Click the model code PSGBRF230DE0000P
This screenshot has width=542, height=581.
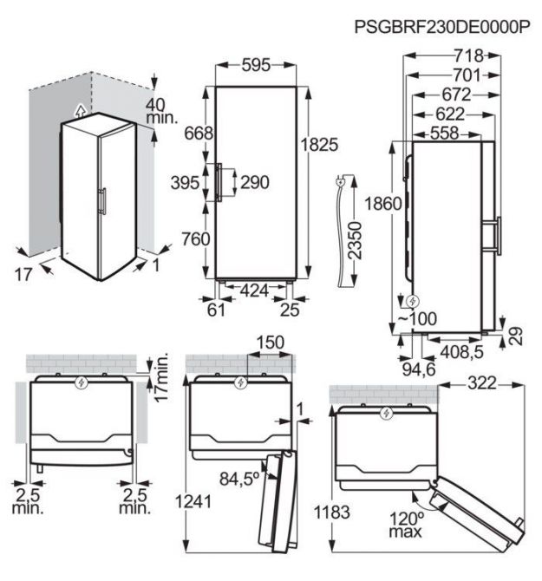tap(442, 27)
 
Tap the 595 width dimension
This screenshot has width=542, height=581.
tap(256, 65)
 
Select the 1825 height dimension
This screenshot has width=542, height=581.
tap(319, 144)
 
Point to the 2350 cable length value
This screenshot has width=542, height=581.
tap(355, 240)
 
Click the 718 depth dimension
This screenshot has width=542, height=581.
tap(468, 55)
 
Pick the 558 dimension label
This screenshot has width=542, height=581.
tap(445, 133)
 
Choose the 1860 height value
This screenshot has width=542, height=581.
tap(383, 204)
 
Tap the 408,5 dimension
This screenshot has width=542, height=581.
tap(461, 352)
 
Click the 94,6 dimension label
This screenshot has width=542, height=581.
tap(419, 369)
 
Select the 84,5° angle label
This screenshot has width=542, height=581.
tap(239, 479)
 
